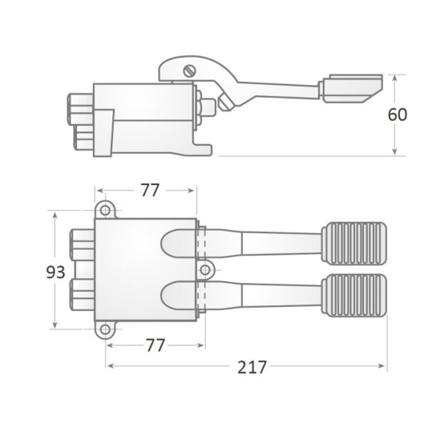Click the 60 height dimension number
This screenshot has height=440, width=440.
[398, 115]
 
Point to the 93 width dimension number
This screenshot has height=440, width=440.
[54, 272]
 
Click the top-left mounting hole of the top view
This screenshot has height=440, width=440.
[104, 210]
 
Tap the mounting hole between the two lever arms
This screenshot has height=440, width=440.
[205, 269]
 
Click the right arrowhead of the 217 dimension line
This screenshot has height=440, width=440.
[384, 367]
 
